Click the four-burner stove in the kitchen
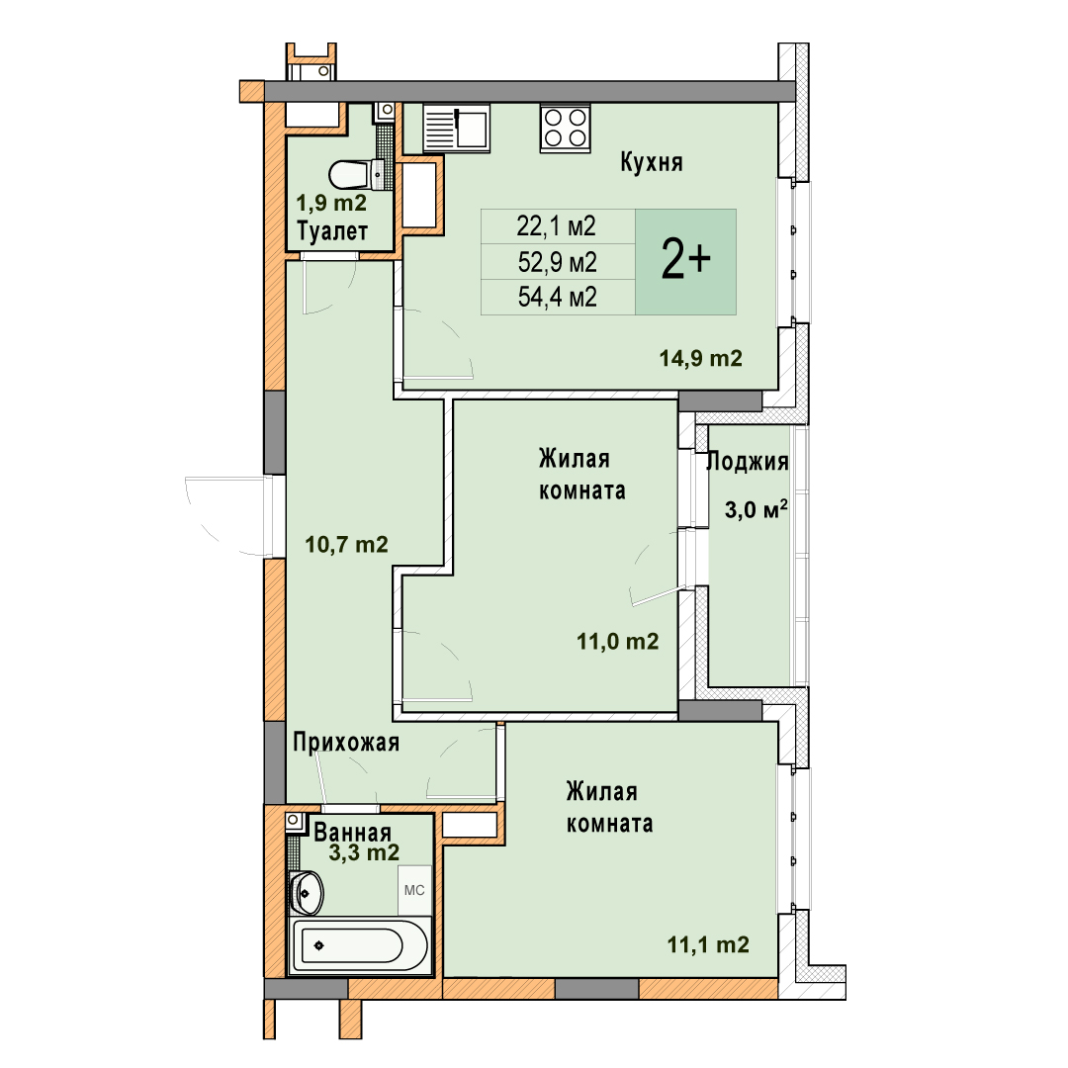tap(566, 128)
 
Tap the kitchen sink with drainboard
tap(456, 128)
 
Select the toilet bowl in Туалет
tap(356, 175)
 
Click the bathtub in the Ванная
tap(360, 945)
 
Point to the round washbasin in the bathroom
tap(307, 892)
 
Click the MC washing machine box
tap(414, 890)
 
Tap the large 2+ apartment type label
tap(686, 261)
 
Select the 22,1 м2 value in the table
tap(556, 226)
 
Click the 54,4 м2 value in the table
tap(557, 297)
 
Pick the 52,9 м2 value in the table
tap(557, 261)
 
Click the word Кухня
tap(651, 163)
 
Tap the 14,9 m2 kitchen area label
tap(700, 358)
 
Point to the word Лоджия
tap(748, 463)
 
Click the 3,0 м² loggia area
tap(756, 509)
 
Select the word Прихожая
tap(346, 743)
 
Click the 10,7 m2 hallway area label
tap(346, 544)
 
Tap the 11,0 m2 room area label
tap(618, 641)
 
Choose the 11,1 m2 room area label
tap(708, 944)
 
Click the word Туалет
tap(332, 231)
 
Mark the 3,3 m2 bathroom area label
tap(364, 852)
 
